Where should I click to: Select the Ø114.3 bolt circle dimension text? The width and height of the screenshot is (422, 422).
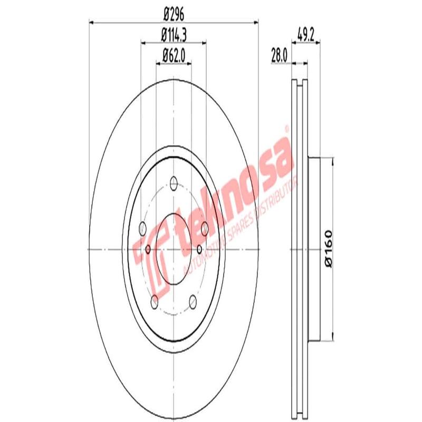coord(174,35)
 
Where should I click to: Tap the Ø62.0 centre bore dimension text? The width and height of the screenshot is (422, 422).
coord(174,54)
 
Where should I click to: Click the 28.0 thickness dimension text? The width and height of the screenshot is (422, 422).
coord(278,54)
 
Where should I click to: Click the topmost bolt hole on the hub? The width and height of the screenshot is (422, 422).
coord(174,183)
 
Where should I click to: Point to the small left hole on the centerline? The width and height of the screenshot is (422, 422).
coord(148,249)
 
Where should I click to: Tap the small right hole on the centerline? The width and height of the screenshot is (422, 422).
coord(199,249)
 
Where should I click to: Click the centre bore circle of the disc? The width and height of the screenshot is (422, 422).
coord(174,249)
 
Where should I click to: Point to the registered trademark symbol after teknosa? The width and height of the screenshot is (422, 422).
coord(286,128)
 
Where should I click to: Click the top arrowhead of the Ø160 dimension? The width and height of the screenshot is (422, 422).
coord(332,161)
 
